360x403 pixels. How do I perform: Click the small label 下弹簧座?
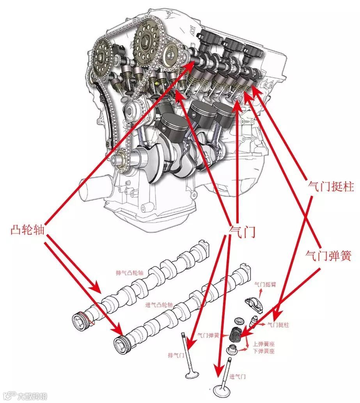click(264, 351)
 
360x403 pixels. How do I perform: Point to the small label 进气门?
click(238, 376)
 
